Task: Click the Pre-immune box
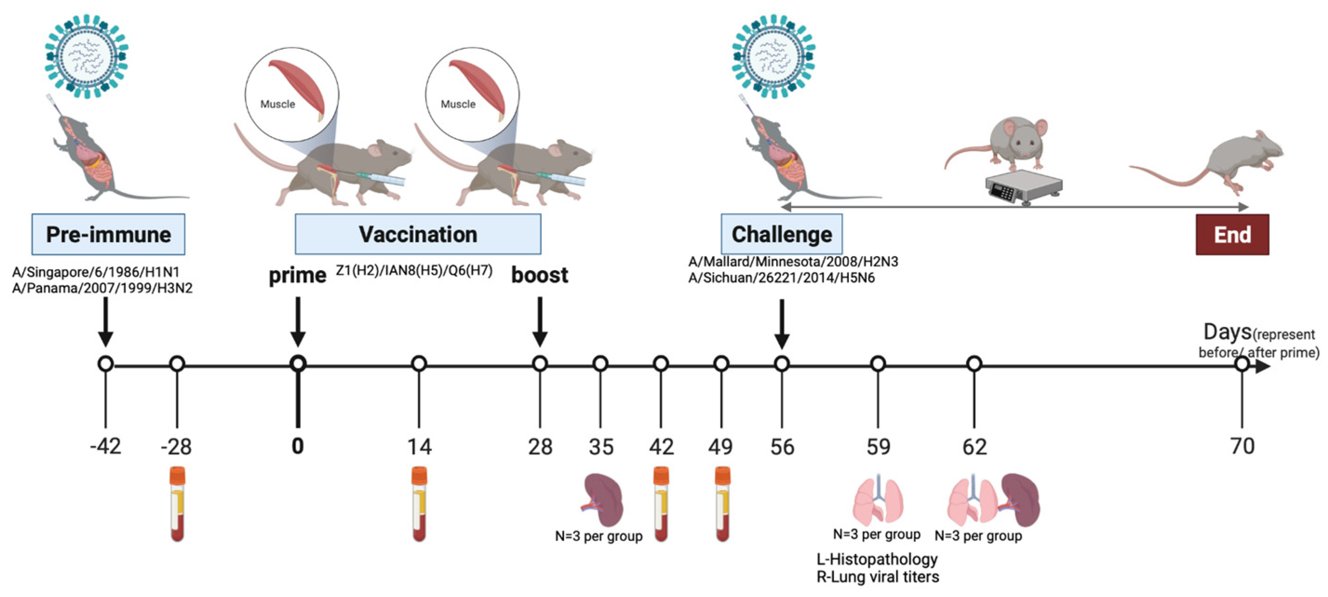coord(108,234)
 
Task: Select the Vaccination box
coord(417,234)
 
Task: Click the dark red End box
coord(1232,235)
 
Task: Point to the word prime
coord(297,276)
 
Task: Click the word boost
coord(539,275)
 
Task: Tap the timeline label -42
coord(106,446)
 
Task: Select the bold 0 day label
coord(297,446)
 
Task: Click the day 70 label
coord(1242,446)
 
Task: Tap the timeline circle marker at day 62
coord(974,364)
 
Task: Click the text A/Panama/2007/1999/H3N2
coord(102,288)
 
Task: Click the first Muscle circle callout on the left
coord(292,94)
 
